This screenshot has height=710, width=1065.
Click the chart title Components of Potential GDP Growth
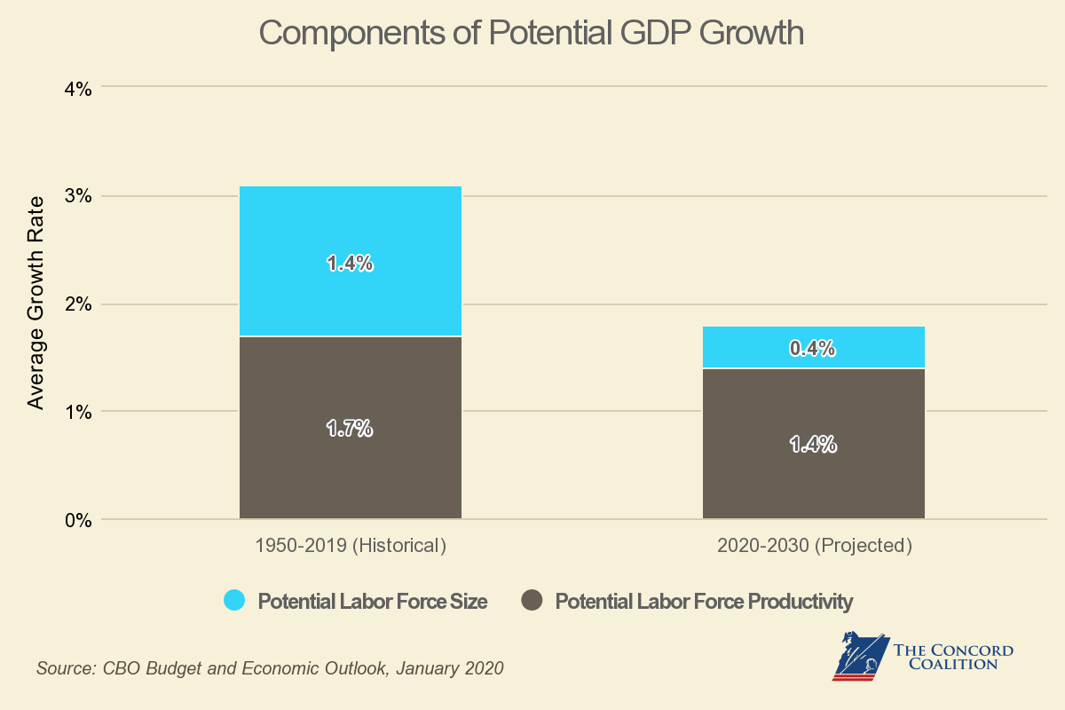point(531,34)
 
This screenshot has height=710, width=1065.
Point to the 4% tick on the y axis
point(76,88)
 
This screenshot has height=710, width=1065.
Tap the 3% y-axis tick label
point(76,196)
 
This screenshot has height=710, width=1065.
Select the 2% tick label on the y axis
point(76,304)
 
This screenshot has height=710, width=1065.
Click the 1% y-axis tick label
point(76,412)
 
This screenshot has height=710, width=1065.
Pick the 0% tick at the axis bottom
point(76,520)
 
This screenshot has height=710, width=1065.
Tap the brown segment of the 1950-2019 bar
point(350,470)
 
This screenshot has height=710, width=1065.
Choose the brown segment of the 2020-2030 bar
point(813,479)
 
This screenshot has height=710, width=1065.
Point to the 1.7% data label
point(350,429)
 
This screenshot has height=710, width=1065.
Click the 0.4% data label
point(813,349)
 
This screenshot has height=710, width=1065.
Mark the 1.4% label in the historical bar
point(350,264)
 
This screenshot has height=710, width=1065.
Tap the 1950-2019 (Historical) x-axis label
point(350,545)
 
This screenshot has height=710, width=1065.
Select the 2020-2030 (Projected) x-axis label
point(814,545)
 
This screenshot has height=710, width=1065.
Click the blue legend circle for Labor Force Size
point(234,601)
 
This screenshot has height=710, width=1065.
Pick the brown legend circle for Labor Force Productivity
point(532,601)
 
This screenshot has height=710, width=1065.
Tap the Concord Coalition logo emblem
point(859,655)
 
